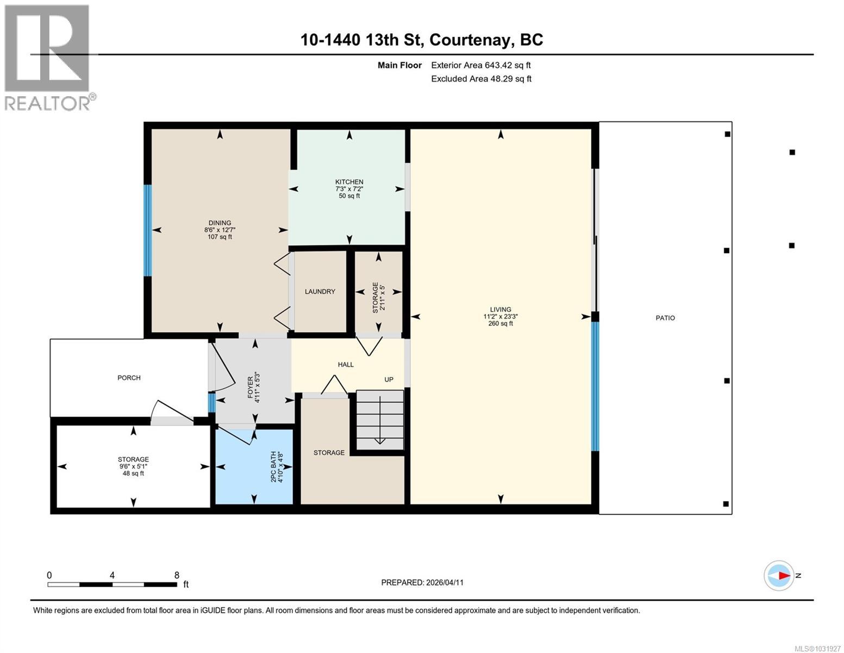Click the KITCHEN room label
tap(349, 182)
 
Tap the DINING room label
tap(220, 223)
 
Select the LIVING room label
tap(500, 309)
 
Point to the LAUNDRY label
tap(320, 292)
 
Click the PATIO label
tap(665, 318)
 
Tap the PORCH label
tap(129, 378)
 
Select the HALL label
tap(346, 365)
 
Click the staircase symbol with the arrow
tap(380, 420)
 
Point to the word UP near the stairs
tap(389, 380)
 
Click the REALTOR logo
tap(48, 57)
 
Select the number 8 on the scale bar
tap(177, 575)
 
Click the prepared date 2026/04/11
tap(444, 582)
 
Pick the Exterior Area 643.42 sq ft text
tap(480, 65)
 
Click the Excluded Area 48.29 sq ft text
tap(481, 79)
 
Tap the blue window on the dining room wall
tap(147, 230)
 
